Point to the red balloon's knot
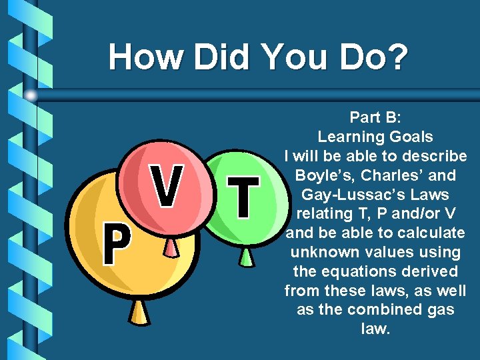171,248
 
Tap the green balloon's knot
246,256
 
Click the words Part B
375,118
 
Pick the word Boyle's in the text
327,176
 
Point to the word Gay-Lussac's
375,195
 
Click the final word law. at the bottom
375,329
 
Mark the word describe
433,157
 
